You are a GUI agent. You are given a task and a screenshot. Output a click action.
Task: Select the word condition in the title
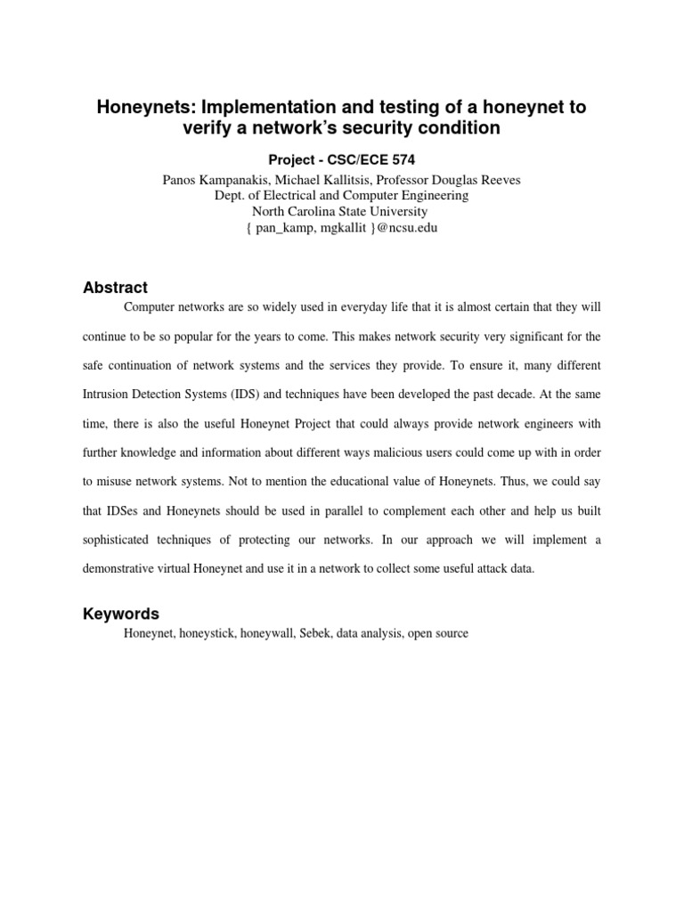click(x=455, y=128)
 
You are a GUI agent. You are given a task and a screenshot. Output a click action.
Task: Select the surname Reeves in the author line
click(x=501, y=180)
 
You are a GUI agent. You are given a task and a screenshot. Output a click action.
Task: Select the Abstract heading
click(x=115, y=288)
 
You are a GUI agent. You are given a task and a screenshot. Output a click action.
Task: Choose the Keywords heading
click(x=121, y=614)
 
